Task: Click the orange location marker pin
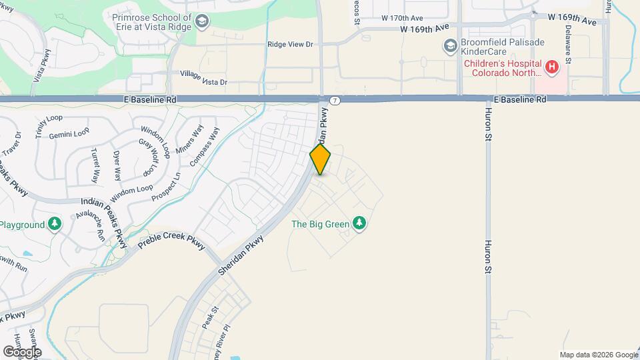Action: [320, 159]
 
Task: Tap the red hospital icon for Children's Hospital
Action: [551, 67]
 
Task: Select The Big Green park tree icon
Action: [360, 223]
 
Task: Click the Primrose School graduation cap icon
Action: [201, 23]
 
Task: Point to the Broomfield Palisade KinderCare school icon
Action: [450, 46]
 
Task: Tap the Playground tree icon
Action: [55, 225]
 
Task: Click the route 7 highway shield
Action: [335, 101]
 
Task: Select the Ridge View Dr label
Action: [290, 44]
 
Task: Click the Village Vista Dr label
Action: [203, 78]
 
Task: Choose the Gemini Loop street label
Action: [73, 133]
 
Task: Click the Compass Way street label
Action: [204, 147]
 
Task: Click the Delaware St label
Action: [569, 44]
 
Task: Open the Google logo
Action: [22, 351]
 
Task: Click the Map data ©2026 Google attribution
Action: [598, 355]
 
